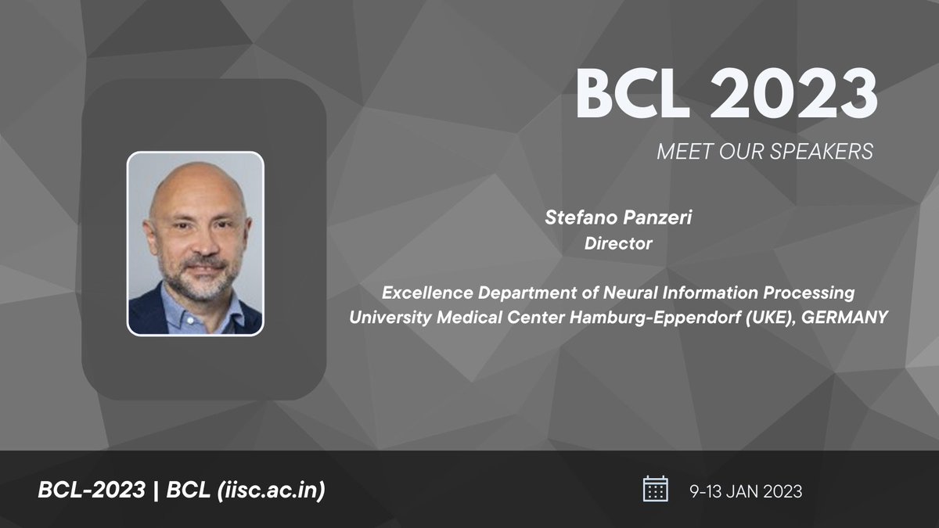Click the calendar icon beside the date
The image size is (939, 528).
click(x=655, y=490)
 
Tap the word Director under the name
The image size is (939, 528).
click(x=618, y=244)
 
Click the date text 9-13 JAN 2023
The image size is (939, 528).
click(x=746, y=491)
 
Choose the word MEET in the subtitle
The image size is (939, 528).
click(x=678, y=152)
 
